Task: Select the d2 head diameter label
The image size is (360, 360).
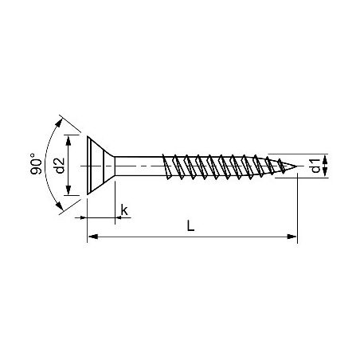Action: [x=59, y=166]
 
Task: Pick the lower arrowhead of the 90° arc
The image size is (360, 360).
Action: [x=60, y=210]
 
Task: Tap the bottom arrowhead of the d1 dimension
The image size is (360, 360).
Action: [x=325, y=175]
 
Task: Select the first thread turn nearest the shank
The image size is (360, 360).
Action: [x=168, y=166]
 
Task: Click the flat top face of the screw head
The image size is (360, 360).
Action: [x=86, y=166]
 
